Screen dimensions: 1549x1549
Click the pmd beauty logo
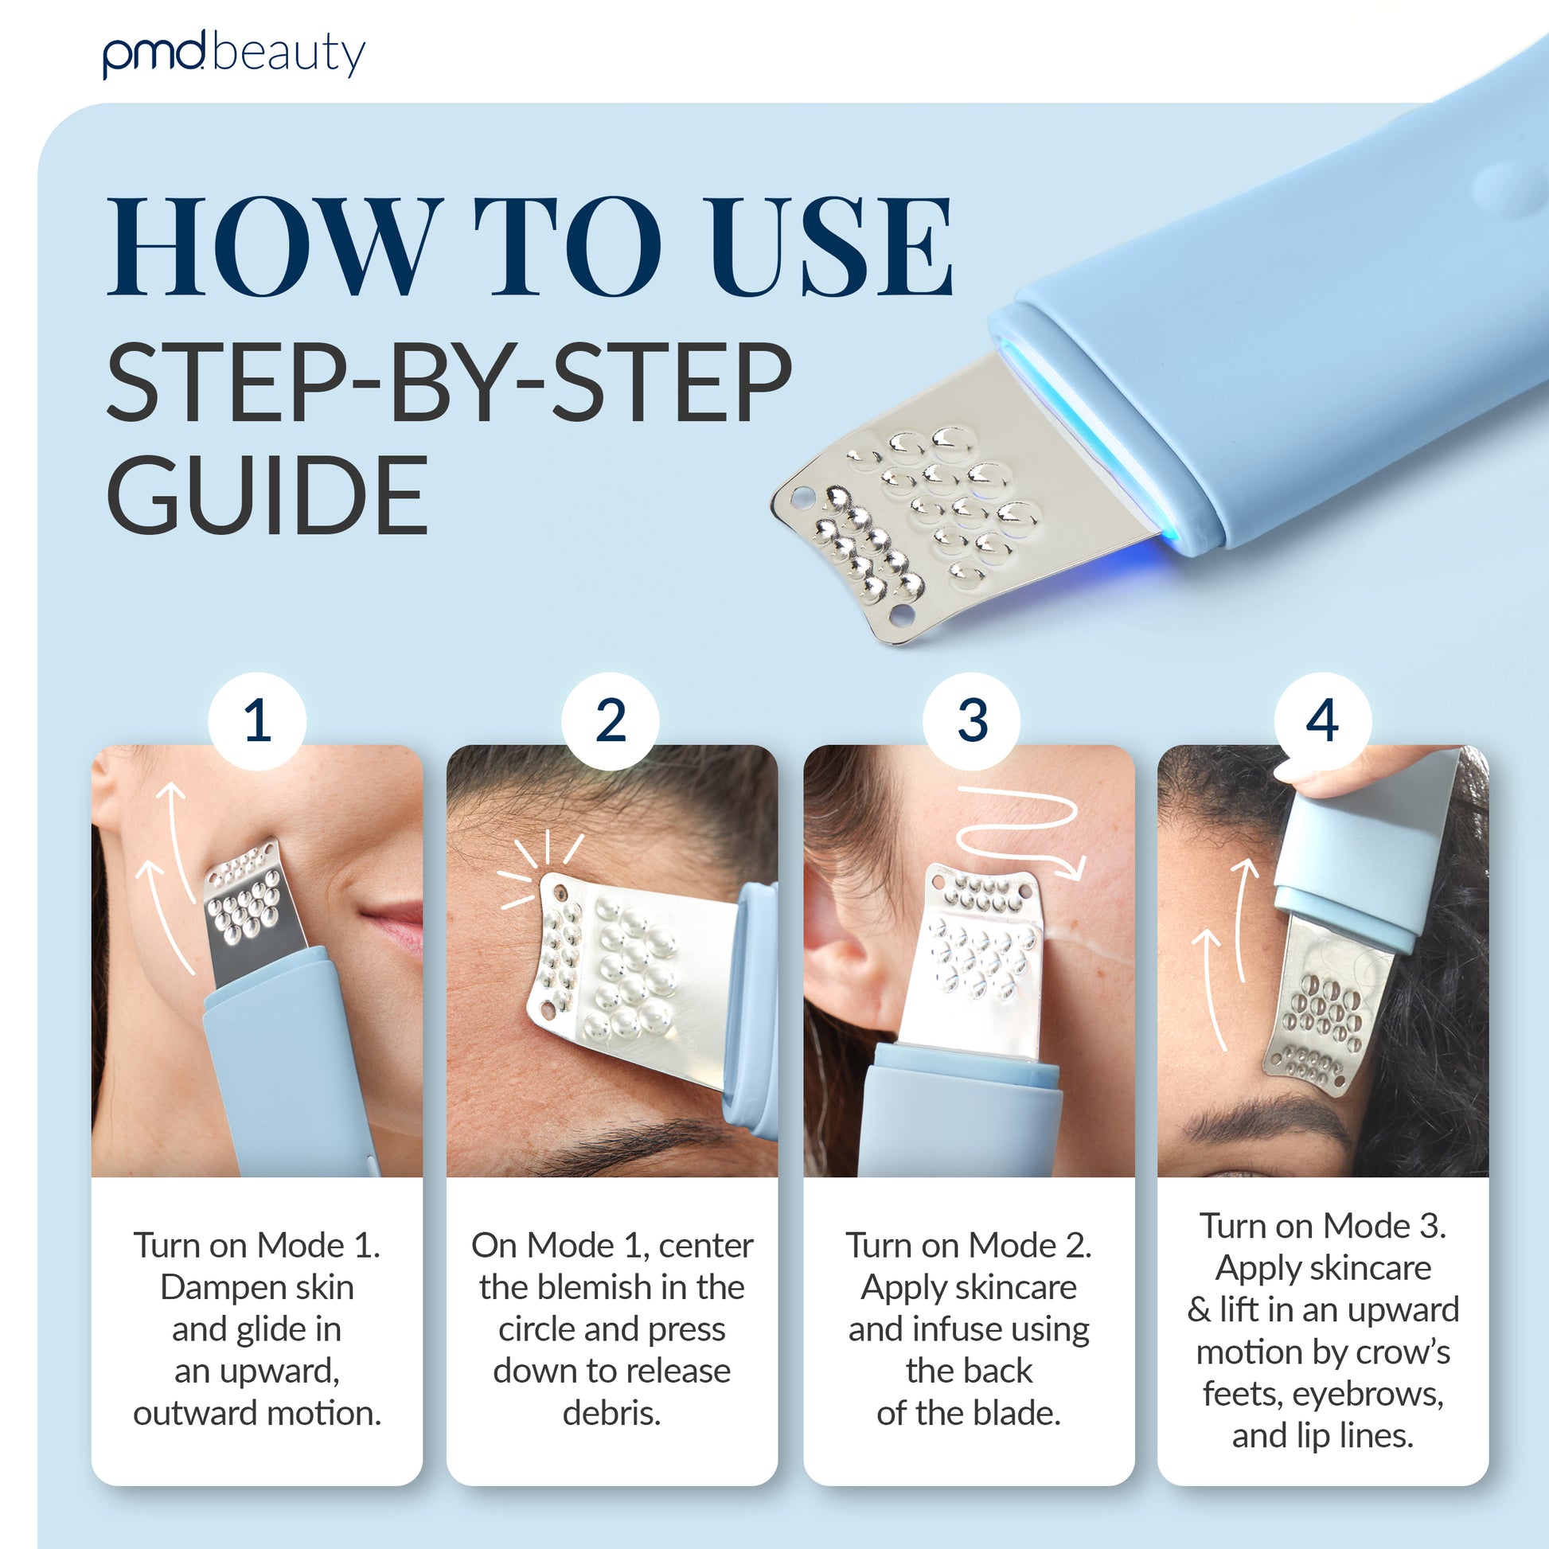[x=233, y=54]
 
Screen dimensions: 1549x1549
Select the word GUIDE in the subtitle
[x=267, y=494]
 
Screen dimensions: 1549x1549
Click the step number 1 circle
[x=256, y=721]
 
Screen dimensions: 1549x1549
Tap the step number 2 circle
[x=611, y=721]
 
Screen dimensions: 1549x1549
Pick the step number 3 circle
[x=972, y=721]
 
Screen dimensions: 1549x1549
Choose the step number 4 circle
[x=1322, y=721]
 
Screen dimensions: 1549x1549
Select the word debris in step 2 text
[x=611, y=1413]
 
